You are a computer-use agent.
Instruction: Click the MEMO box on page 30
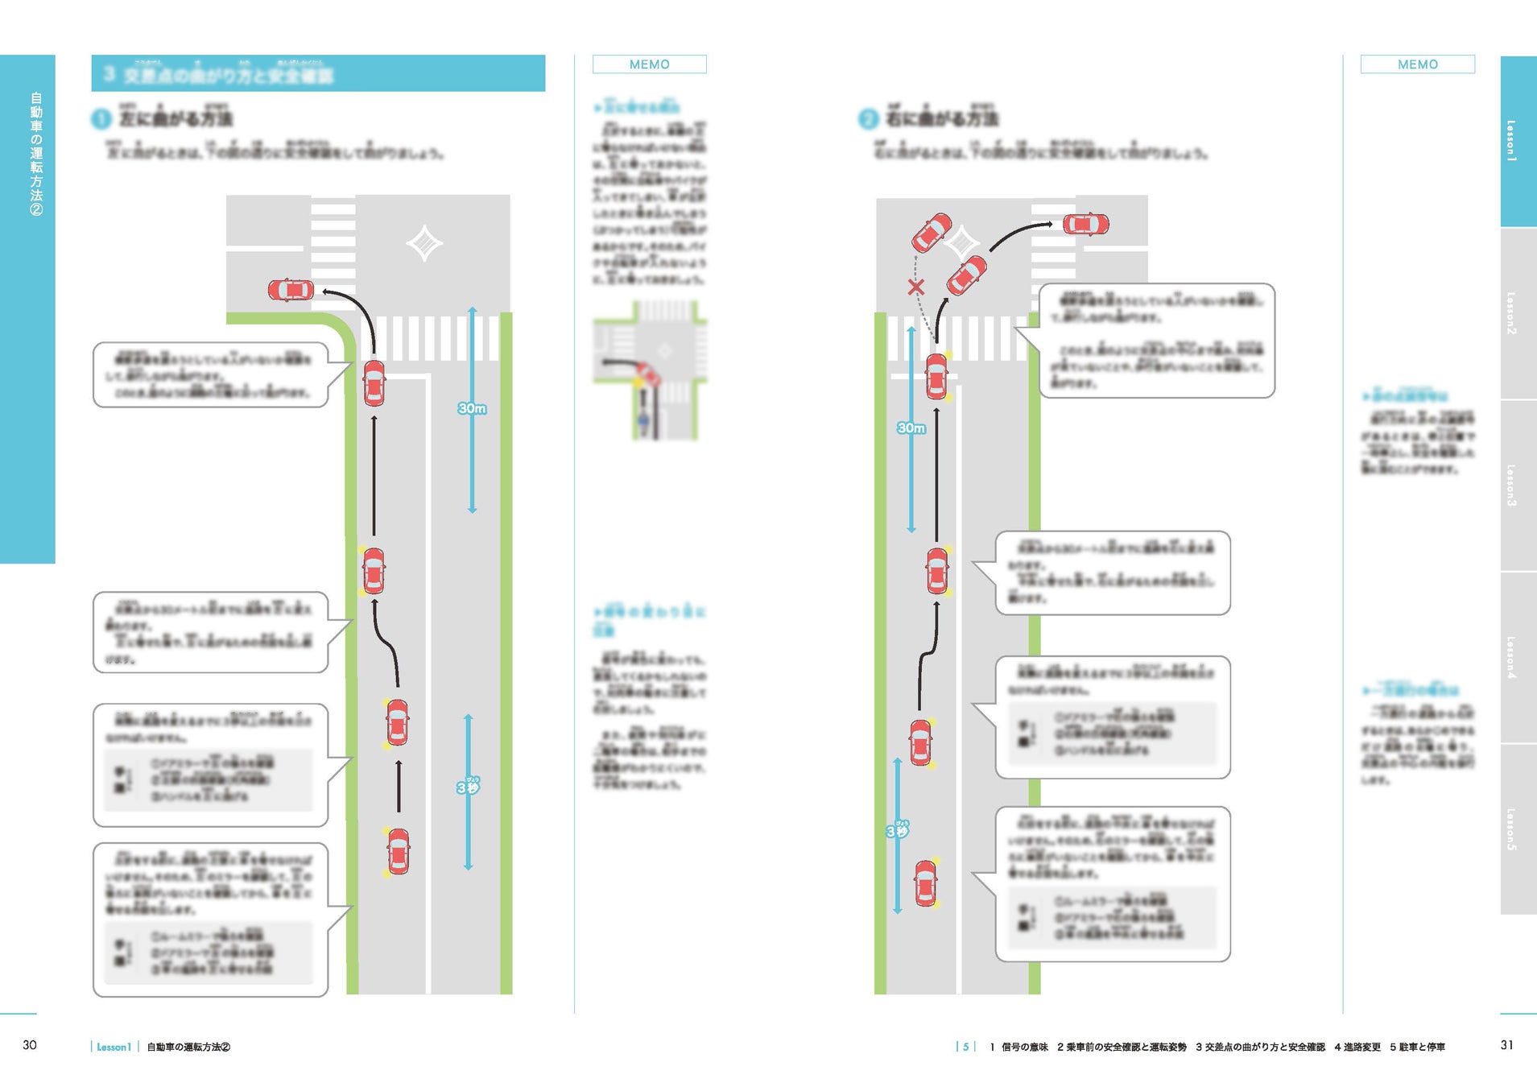649,64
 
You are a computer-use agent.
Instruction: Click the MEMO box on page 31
1417,64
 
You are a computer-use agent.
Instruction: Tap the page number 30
30,1045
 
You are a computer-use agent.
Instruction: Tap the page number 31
1506,1045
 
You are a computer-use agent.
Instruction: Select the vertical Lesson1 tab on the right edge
1518,142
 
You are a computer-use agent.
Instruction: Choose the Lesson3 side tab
1518,486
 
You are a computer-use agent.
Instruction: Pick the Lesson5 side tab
1518,829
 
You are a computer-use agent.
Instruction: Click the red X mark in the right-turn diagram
915,287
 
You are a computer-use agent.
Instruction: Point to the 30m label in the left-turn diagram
472,409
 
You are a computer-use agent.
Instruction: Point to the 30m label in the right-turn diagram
911,428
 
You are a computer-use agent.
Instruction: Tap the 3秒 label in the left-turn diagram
468,787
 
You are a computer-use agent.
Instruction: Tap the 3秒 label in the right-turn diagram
896,830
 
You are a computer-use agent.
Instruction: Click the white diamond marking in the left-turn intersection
424,243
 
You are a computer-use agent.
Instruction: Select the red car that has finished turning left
291,290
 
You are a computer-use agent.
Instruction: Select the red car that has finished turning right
1085,224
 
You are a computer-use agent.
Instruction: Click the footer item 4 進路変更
1357,1048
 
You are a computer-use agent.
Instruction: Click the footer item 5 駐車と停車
1417,1048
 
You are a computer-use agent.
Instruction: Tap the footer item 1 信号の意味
1018,1048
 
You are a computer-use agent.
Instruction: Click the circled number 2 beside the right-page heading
867,120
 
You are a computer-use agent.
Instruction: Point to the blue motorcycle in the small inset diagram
643,420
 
